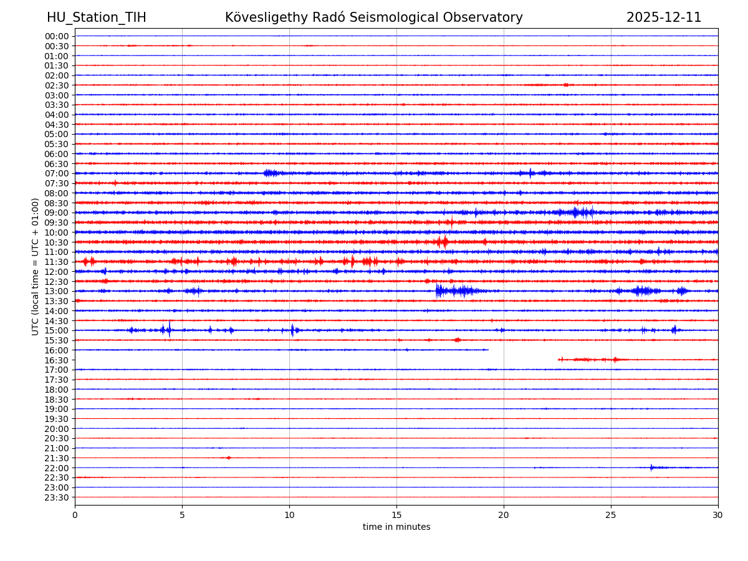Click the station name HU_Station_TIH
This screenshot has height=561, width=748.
tap(97, 17)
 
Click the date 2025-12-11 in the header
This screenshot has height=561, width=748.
tap(664, 17)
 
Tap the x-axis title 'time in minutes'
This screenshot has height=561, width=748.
tap(396, 527)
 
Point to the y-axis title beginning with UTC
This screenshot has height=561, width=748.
tap(36, 266)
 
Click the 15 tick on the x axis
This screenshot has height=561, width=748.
tap(396, 515)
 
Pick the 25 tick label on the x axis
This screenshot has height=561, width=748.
tap(611, 515)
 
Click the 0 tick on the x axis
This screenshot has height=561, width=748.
tap(75, 515)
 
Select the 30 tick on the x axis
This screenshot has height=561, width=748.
tap(718, 515)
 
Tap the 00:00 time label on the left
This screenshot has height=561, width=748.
tap(57, 36)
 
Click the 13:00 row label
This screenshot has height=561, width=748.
tap(57, 291)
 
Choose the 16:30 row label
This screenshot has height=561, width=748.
tap(57, 360)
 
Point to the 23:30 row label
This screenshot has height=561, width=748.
tap(57, 497)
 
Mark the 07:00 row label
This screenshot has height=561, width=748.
tap(57, 173)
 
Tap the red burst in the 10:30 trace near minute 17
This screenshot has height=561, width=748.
tap(442, 242)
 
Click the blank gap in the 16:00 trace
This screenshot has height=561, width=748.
tap(524, 350)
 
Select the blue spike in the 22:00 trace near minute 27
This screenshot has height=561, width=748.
tap(651, 467)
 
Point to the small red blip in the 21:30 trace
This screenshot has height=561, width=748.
tap(228, 458)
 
